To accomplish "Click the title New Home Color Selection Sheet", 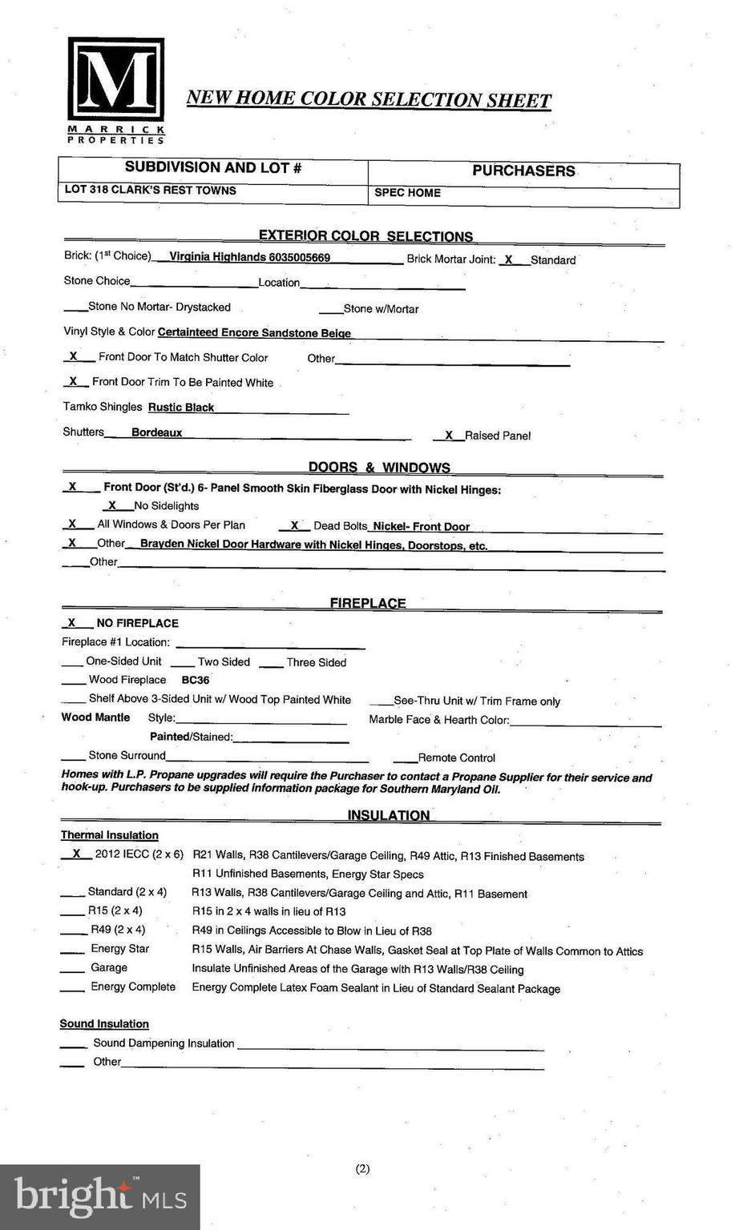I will (x=369, y=99).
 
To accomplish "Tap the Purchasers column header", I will (x=523, y=171).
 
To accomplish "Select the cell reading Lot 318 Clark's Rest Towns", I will (x=150, y=191).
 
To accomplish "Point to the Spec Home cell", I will (x=407, y=193).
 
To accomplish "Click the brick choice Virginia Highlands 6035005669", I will (x=249, y=257).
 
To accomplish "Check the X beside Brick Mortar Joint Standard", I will (x=508, y=259).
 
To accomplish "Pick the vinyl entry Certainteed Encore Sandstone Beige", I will (x=254, y=332).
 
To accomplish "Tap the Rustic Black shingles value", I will (x=181, y=407).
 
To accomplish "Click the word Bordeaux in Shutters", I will (x=156, y=432).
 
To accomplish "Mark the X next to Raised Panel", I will (x=449, y=435).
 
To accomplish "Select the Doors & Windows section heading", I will (x=379, y=468).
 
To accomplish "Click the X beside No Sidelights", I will (x=112, y=505).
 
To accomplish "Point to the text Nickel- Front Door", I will (x=421, y=526).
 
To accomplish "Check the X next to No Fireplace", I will (x=71, y=622).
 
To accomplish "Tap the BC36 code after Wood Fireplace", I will (x=196, y=680).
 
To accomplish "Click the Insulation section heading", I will (x=388, y=815).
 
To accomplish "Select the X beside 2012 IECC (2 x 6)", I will (x=76, y=854).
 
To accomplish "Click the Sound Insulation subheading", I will (x=104, y=1023).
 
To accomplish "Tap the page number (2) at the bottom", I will (x=362, y=1168).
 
